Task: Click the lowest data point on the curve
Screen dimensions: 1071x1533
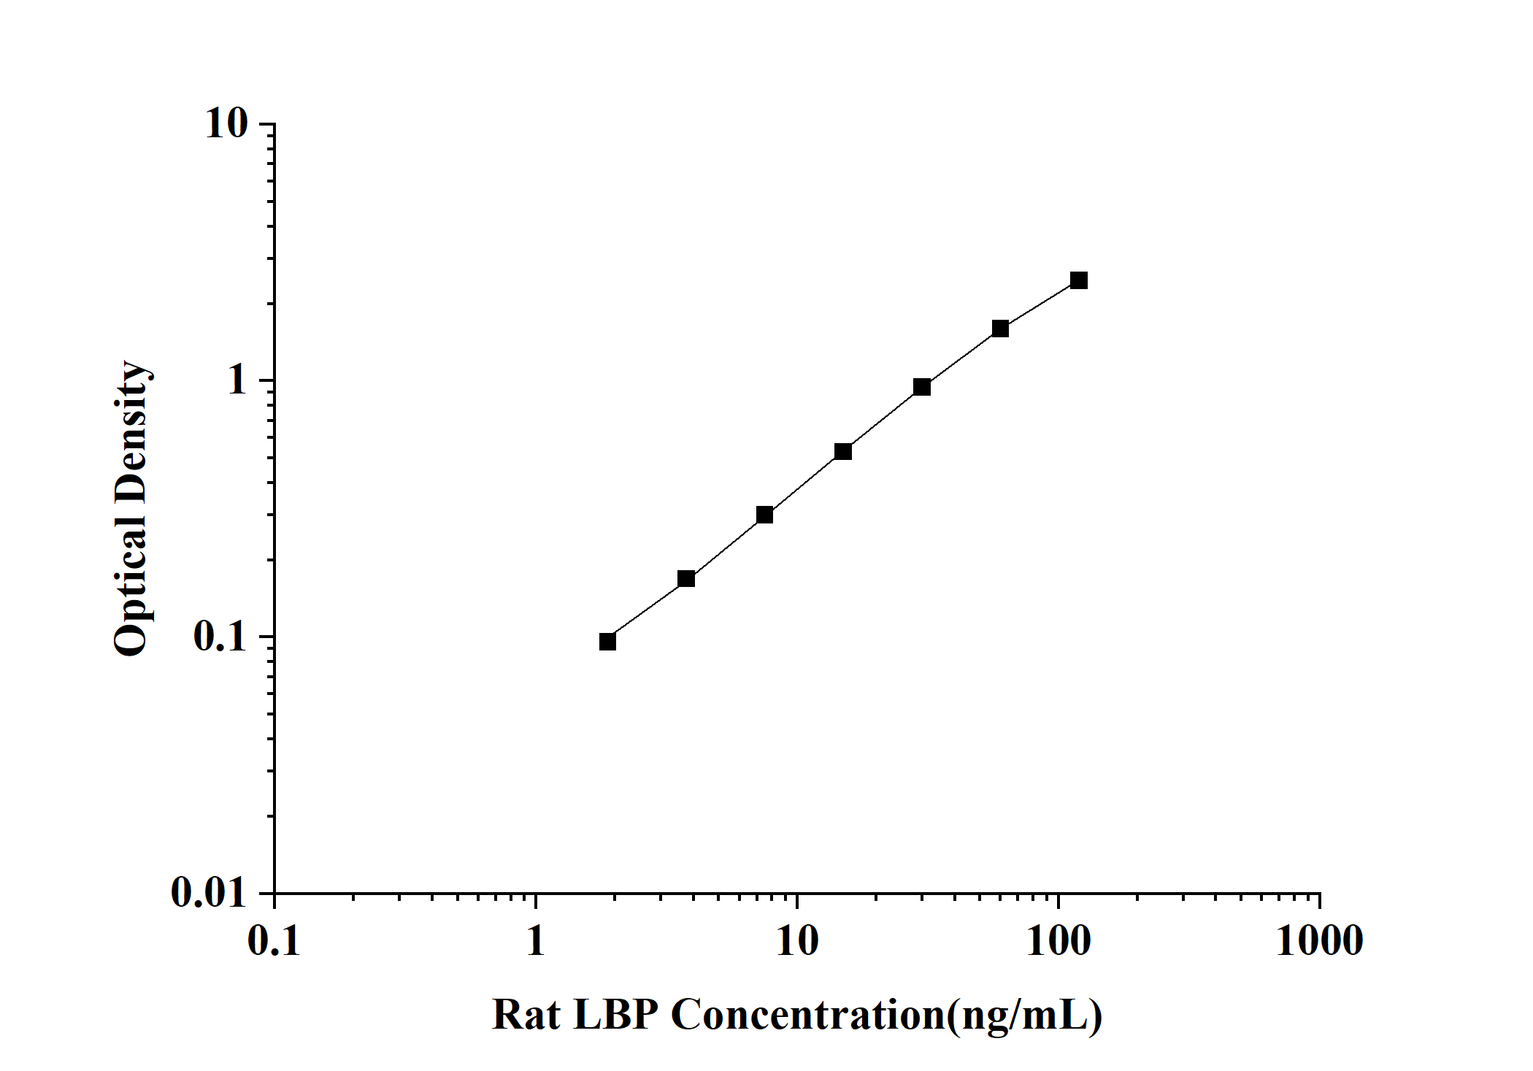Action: (607, 642)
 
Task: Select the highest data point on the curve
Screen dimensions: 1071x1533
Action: (1078, 280)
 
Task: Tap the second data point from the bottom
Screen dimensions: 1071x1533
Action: (686, 579)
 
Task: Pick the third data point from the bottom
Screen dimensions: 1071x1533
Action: (764, 515)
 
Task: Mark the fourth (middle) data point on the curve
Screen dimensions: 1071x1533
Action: (843, 451)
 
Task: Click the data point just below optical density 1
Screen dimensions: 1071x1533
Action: (922, 387)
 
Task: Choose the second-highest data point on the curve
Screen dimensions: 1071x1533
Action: (1000, 329)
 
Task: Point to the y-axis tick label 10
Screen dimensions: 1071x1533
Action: (226, 124)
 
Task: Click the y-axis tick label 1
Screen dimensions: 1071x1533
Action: (238, 380)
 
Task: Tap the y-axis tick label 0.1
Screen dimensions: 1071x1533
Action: (220, 637)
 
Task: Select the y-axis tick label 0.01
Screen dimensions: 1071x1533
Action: (210, 892)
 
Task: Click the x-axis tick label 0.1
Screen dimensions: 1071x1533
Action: (274, 941)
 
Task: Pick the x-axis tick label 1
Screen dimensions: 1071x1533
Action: (536, 941)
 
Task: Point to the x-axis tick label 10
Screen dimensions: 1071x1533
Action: (797, 941)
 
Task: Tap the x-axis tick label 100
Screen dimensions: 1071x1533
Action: (1058, 941)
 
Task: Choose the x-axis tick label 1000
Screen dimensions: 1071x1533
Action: (1319, 941)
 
